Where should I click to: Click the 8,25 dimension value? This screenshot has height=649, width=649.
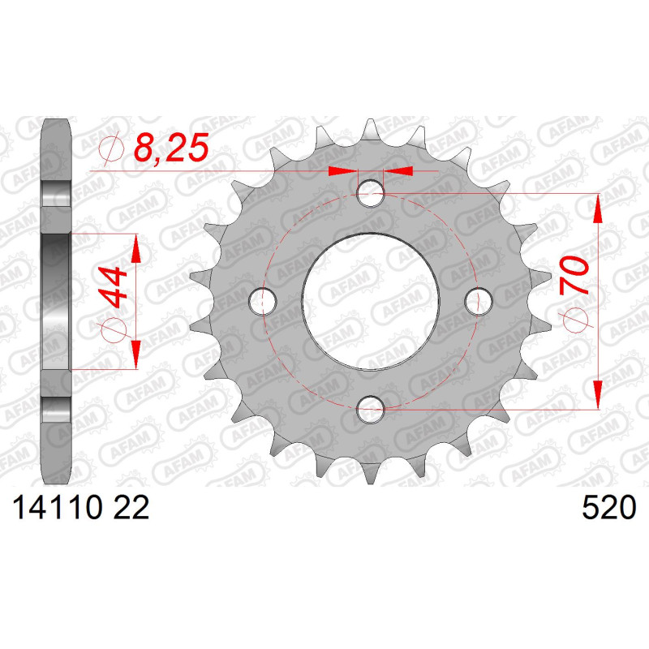coord(171,148)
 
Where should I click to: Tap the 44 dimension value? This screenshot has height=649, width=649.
coord(113,287)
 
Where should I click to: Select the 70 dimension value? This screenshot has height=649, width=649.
coord(574,275)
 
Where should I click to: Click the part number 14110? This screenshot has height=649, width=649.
coord(57,508)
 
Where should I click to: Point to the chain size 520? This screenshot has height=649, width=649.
coord(608,508)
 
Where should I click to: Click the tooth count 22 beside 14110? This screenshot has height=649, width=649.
coord(131,508)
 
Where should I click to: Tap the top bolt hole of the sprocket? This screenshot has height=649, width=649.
coord(371,193)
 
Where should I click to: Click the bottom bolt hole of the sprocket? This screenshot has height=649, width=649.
coord(371,410)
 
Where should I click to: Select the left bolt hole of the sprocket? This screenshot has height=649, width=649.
coord(263,301)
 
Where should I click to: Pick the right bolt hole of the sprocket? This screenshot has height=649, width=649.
coord(479,301)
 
